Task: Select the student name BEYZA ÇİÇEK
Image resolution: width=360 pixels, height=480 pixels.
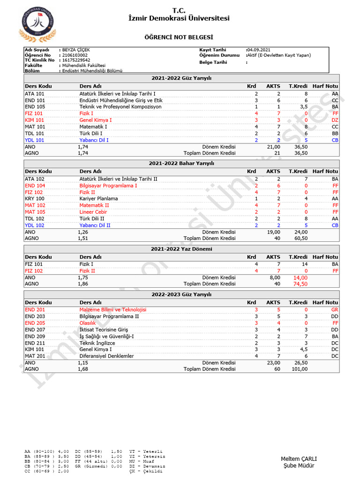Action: (x=76, y=50)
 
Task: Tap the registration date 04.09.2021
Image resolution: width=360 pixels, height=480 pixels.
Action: (x=258, y=50)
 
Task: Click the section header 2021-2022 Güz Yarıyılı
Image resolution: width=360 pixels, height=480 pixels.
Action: (x=181, y=78)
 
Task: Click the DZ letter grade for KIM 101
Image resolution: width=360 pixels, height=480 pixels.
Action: (x=334, y=120)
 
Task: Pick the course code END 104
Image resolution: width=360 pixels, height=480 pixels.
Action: (x=35, y=186)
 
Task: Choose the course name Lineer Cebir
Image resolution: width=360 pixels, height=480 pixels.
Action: (x=93, y=212)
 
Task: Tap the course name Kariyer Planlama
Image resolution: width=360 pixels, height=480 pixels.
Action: (x=98, y=199)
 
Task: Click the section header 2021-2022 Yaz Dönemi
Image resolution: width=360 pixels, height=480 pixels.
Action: (x=181, y=249)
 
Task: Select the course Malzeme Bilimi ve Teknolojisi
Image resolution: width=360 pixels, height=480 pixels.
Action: (x=113, y=310)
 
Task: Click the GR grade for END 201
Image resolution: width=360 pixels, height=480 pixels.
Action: (x=334, y=310)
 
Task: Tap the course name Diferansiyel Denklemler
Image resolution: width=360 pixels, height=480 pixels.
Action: (x=106, y=356)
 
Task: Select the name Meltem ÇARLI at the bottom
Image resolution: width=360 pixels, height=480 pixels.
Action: (x=299, y=458)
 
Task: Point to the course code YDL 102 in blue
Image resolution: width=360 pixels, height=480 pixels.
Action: (x=35, y=225)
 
